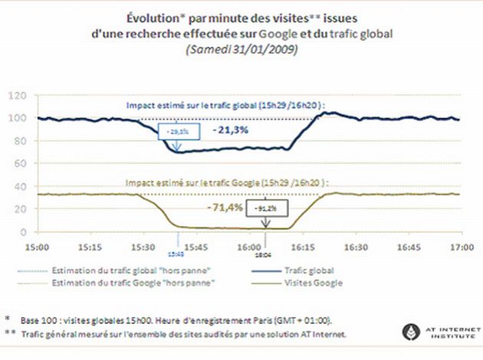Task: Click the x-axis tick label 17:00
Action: pyautogui.click(x=461, y=248)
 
